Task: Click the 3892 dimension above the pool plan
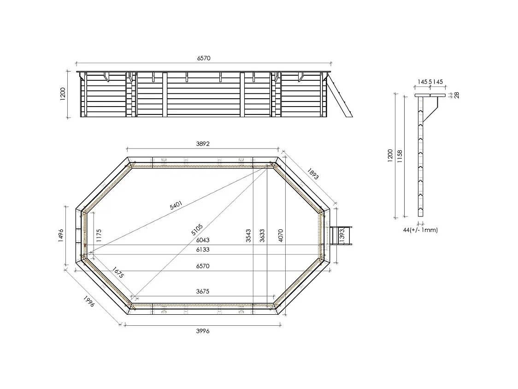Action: click(203, 144)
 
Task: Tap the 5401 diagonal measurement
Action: click(176, 206)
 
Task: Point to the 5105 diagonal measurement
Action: click(197, 229)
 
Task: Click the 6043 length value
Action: click(203, 240)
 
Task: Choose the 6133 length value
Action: click(203, 249)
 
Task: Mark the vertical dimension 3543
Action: click(248, 235)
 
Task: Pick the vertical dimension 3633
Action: click(262, 235)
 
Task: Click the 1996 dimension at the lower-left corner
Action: click(89, 302)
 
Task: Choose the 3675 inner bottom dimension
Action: click(203, 291)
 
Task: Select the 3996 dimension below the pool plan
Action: click(203, 331)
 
